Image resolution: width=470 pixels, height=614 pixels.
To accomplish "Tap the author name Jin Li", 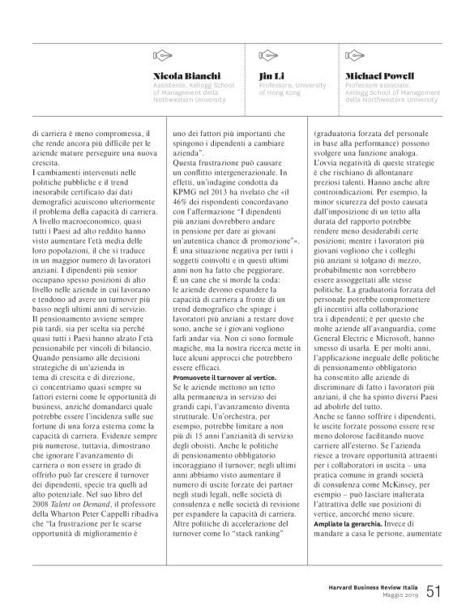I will tap(270, 76).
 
